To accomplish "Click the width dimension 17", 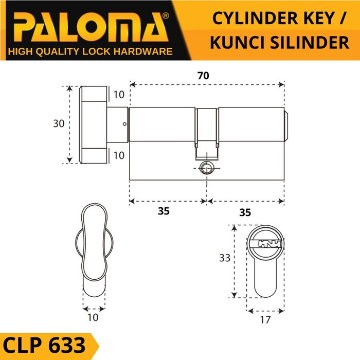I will click(x=265, y=320).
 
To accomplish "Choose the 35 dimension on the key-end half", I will click(x=245, y=211).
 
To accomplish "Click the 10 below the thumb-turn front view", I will click(x=93, y=317).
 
